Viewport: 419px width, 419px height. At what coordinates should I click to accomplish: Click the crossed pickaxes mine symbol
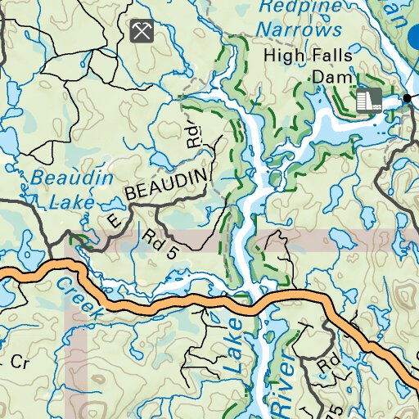pos(141,31)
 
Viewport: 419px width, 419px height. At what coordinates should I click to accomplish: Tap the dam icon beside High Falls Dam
pos(369,99)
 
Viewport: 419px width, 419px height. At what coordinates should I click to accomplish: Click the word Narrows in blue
pos(298,29)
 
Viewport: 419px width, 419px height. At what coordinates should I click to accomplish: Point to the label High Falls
pos(308,56)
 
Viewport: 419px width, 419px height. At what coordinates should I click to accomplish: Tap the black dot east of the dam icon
pos(407,98)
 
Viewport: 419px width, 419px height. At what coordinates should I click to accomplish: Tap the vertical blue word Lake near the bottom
pos(235,344)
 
